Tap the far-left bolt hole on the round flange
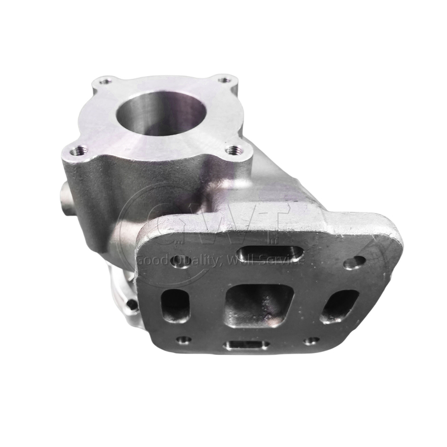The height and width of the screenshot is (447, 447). coord(104,82)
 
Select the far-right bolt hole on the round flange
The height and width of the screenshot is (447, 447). coord(224,80)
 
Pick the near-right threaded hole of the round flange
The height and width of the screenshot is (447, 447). coord(234,149)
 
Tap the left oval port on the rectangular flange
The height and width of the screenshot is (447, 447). coord(175,305)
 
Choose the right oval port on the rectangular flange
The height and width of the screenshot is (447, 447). coord(339,306)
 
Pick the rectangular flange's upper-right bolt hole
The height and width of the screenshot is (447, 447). coord(355,261)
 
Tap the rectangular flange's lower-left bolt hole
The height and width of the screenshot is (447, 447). coord(183,339)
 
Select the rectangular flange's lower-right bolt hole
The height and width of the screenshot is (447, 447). coord(311,340)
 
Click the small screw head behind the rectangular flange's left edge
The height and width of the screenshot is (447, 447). coord(132,304)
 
